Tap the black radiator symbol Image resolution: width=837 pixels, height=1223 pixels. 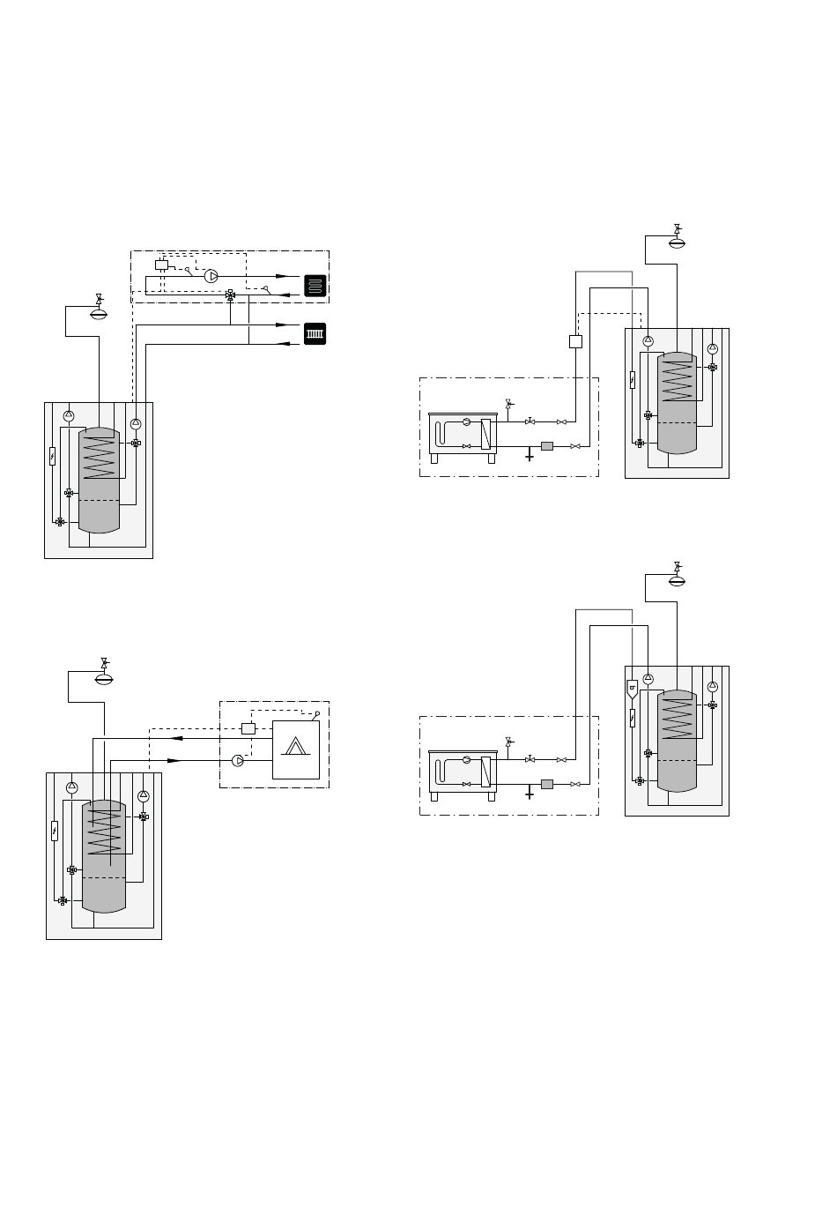click(x=315, y=334)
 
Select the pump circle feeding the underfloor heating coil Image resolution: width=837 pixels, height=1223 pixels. click(x=211, y=276)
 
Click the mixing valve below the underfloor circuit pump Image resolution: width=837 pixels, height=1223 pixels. click(x=231, y=295)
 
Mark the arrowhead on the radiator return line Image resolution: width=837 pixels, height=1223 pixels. click(x=283, y=343)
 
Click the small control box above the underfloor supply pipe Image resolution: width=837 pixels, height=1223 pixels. click(x=161, y=265)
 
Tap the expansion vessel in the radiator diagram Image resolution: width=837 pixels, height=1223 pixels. click(x=99, y=312)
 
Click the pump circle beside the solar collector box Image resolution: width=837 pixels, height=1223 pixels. click(x=238, y=760)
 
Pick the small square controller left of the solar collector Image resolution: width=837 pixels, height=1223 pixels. click(x=248, y=728)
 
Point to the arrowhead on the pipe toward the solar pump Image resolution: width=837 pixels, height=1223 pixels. click(x=174, y=760)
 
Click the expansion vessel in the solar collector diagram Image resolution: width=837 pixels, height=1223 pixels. click(x=104, y=678)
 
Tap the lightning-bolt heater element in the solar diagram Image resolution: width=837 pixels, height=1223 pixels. click(x=55, y=830)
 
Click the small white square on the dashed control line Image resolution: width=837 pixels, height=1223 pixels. click(x=575, y=341)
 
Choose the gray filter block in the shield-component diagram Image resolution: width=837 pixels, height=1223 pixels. click(x=546, y=784)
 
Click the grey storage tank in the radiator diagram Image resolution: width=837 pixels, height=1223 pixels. click(x=99, y=481)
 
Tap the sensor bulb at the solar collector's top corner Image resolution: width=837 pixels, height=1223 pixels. click(x=317, y=713)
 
